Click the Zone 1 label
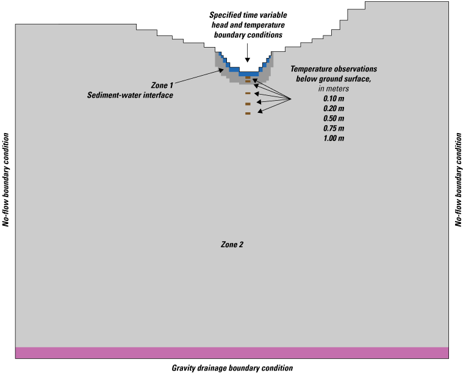click(x=162, y=85)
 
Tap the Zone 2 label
click(x=232, y=244)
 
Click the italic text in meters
click(x=333, y=89)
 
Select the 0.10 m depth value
click(x=333, y=98)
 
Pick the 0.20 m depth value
click(x=333, y=108)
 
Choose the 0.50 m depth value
click(x=333, y=118)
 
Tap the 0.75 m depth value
click(x=333, y=128)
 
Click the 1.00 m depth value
click(x=333, y=138)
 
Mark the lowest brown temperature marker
click(x=248, y=114)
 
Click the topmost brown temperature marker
click(x=248, y=78)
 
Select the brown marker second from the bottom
click(x=248, y=104)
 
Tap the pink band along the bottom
click(x=232, y=352)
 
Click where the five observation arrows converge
click(x=290, y=99)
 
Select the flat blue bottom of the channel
click(x=248, y=74)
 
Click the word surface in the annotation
click(x=359, y=79)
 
